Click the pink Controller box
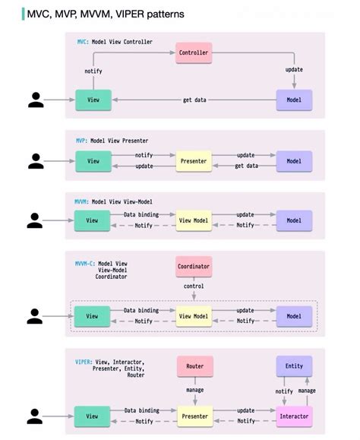(194, 53)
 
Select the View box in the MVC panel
(93, 100)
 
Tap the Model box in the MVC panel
(294, 100)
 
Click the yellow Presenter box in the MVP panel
(194, 161)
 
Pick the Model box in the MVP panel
(294, 161)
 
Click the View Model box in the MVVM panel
(194, 220)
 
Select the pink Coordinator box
(194, 266)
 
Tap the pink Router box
(194, 366)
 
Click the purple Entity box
(294, 366)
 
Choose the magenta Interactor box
(294, 416)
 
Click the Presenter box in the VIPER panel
(194, 416)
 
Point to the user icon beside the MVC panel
(36, 100)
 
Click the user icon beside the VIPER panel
(36, 416)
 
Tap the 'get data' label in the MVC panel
(194, 100)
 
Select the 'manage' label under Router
(194, 390)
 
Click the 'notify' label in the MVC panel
(93, 71)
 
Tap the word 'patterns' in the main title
(160, 14)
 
